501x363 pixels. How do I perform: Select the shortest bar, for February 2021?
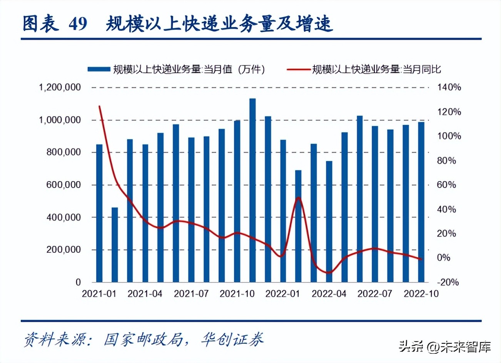[x=115, y=244]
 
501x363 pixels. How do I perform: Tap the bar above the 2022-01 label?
[x=283, y=210]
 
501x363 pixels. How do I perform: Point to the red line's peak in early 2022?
[x=299, y=198]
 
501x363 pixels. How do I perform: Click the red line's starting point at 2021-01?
[x=100, y=106]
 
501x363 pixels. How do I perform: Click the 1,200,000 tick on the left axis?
[x=60, y=87]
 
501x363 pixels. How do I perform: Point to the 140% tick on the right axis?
[x=449, y=87]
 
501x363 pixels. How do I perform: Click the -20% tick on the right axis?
[x=448, y=282]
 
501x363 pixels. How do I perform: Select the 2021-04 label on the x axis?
[x=145, y=294]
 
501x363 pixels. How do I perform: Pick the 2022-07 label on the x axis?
[x=375, y=294]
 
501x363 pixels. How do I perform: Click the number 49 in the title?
[x=78, y=24]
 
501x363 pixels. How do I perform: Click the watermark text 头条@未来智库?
[x=445, y=346]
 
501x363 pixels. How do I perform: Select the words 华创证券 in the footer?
[x=233, y=340]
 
